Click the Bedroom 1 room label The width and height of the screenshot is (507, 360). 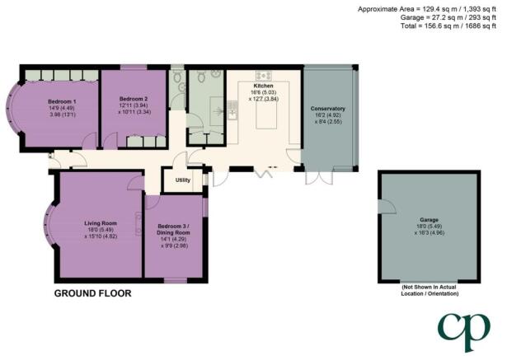click(x=62, y=101)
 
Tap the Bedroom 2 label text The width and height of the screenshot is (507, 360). click(x=134, y=99)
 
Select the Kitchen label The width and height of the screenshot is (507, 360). click(x=263, y=86)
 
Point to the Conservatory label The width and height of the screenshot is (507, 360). click(x=328, y=109)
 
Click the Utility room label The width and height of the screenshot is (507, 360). click(x=183, y=180)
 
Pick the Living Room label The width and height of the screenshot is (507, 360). click(x=101, y=223)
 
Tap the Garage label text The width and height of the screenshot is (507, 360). click(x=430, y=220)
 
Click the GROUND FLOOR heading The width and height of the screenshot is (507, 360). click(x=93, y=293)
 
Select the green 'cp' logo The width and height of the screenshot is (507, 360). click(x=464, y=332)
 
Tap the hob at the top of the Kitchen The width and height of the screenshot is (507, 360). click(x=264, y=76)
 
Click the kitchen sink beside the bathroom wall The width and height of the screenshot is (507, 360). click(x=232, y=110)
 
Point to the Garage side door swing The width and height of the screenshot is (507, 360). click(x=388, y=206)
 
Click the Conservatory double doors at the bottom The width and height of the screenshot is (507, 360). click(x=319, y=177)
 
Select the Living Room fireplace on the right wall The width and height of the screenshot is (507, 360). click(x=138, y=223)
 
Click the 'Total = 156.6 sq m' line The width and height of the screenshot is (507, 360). click(x=448, y=26)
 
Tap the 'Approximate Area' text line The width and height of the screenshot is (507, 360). click(x=427, y=9)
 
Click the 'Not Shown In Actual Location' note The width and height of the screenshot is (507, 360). click(x=430, y=290)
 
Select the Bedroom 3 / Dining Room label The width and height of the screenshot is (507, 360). click(x=173, y=230)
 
